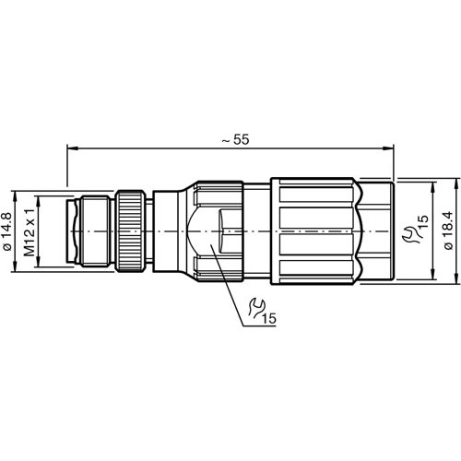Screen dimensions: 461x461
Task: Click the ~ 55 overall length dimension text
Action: point(236,139)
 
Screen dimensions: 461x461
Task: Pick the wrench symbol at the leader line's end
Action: point(258,306)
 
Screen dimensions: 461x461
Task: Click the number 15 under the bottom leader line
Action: point(269,319)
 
